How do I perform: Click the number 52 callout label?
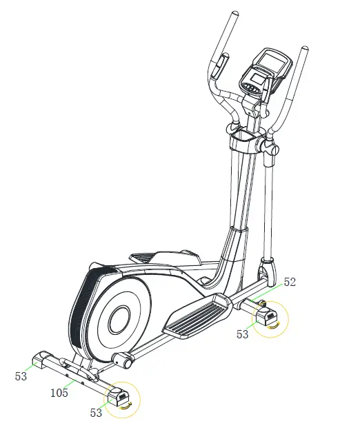tap(290, 283)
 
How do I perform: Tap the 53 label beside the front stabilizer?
tap(242, 334)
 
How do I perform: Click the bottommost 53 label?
tap(96, 413)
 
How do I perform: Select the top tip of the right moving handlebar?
tap(304, 50)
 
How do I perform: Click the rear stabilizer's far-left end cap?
tap(41, 357)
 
